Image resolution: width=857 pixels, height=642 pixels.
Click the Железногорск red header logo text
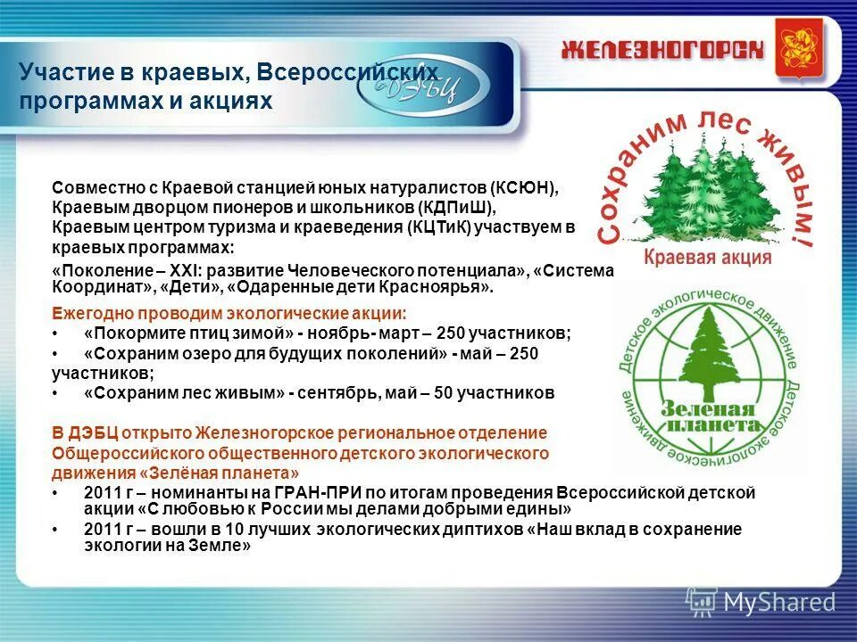[x=662, y=49]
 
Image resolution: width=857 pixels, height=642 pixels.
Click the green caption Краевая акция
[x=707, y=258]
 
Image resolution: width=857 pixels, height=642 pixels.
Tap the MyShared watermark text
[x=779, y=602]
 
